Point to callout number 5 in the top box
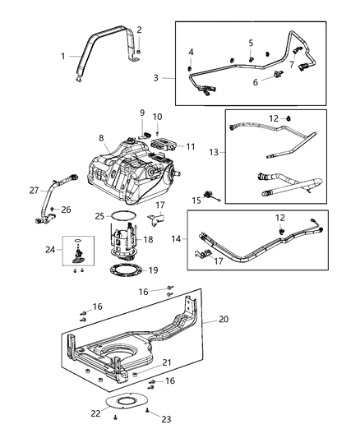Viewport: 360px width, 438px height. (251, 43)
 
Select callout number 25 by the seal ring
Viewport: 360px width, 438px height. (99, 216)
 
